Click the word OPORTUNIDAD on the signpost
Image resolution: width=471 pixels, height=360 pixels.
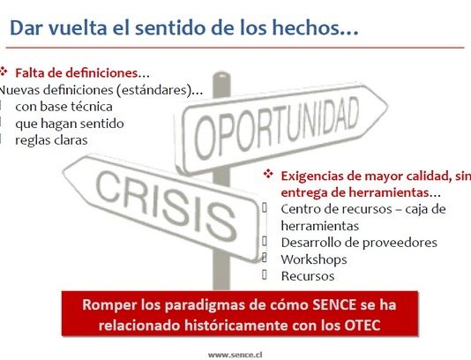tap(276, 128)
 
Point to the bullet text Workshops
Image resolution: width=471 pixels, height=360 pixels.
tap(314, 259)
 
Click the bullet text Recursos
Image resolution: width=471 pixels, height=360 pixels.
tap(308, 276)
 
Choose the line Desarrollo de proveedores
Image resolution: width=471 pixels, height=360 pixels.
tap(359, 243)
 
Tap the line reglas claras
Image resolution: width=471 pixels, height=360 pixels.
tap(51, 140)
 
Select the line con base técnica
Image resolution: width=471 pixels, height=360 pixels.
tap(64, 107)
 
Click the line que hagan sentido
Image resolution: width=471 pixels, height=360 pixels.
tap(70, 124)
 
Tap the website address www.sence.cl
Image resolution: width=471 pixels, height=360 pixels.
tap(235, 355)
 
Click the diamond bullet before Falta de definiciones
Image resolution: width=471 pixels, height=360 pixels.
tap(4, 71)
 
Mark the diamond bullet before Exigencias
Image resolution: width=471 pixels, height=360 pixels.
tap(268, 174)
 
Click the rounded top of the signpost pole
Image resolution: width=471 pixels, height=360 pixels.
tap(221, 74)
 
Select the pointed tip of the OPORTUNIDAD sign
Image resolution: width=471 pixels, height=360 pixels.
tap(387, 106)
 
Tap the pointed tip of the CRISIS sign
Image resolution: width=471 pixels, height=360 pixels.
tap(64, 172)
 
